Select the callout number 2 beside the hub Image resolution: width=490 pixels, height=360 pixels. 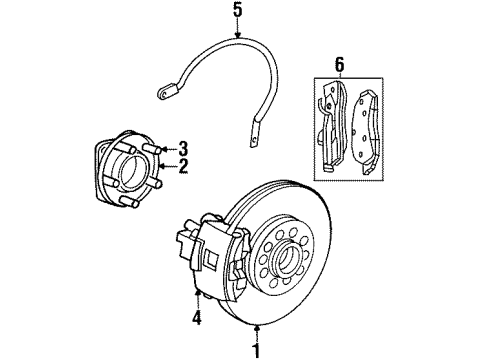tap(183, 166)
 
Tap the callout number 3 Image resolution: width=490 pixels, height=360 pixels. tap(183, 147)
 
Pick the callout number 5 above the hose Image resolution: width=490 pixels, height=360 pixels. tap(236, 13)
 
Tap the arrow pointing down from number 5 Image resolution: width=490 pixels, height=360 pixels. tap(236, 33)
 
